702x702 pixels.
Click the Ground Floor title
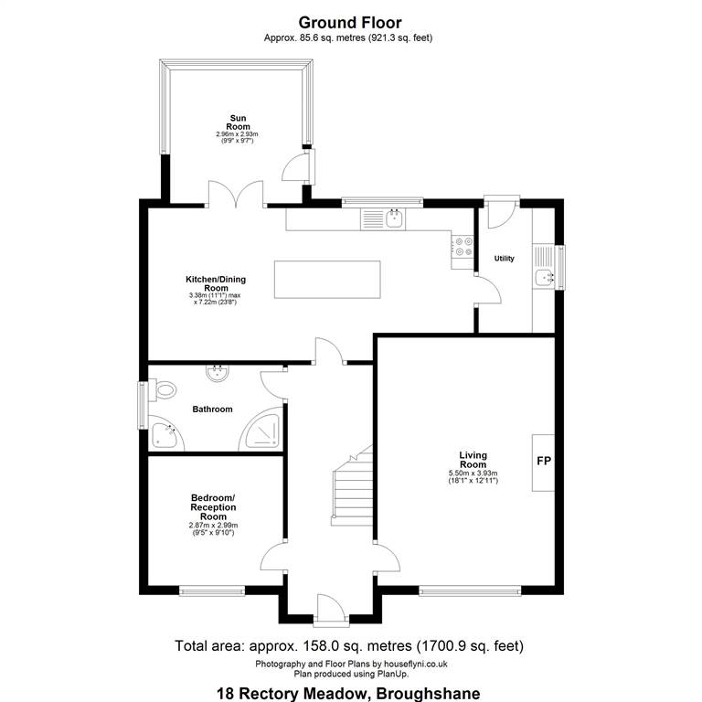tap(350, 22)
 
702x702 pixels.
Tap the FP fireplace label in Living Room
tap(544, 461)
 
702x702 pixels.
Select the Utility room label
tap(505, 259)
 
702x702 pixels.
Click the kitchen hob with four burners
tap(463, 247)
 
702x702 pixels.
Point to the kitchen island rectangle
tap(327, 280)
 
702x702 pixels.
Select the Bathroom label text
tap(212, 409)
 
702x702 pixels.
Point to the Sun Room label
tap(238, 122)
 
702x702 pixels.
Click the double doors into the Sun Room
tap(236, 195)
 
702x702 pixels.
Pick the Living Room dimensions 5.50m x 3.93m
tap(473, 473)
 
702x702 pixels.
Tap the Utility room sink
tap(544, 278)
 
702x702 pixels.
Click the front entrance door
tap(331, 609)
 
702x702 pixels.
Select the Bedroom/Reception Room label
tap(213, 506)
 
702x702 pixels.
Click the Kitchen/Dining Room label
tap(216, 283)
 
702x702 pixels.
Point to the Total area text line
tap(349, 645)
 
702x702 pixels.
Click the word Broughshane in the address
tap(429, 694)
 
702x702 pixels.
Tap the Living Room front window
tap(470, 591)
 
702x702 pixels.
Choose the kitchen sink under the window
tap(395, 219)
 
